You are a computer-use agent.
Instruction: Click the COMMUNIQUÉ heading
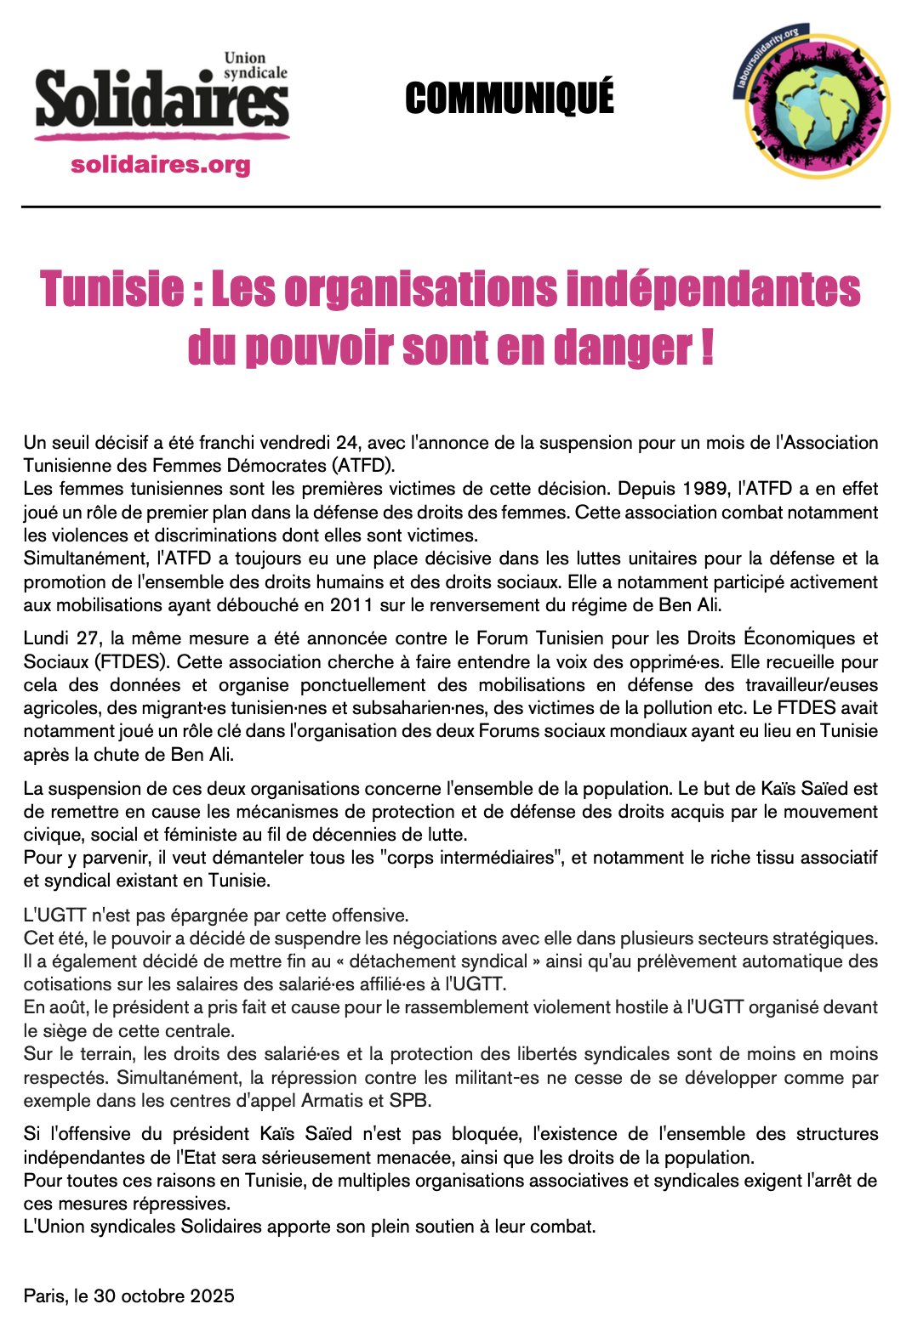(x=509, y=98)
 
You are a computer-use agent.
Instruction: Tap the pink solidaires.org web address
(x=161, y=164)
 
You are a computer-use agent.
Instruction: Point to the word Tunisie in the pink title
(x=111, y=289)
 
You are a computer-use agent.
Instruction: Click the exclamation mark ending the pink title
(x=707, y=347)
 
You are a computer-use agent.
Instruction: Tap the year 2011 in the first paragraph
(x=351, y=605)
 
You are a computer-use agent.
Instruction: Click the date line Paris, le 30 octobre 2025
(x=129, y=1295)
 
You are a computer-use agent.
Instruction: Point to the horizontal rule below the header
(x=451, y=207)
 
